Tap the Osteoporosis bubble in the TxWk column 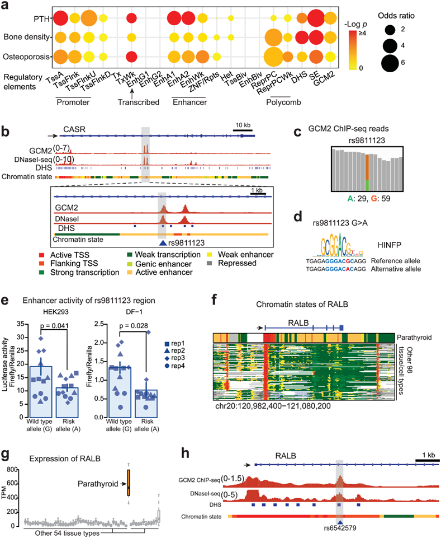pos(131,57)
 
